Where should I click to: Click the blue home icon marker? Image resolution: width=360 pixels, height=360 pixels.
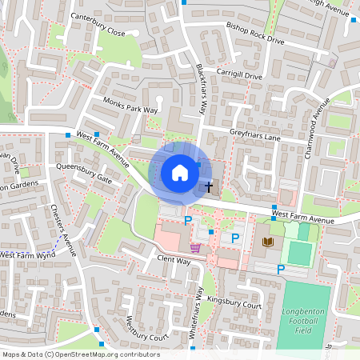(180, 173)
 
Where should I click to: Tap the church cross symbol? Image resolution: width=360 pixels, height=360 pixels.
(209, 187)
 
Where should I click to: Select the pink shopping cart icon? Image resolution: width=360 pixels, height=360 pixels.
(195, 247)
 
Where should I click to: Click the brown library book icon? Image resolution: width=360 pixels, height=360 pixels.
(267, 241)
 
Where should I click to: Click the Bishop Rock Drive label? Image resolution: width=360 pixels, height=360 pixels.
(255, 33)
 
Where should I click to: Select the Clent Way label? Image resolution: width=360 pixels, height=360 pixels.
(173, 260)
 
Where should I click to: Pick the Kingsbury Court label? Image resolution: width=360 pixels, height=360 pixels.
(234, 305)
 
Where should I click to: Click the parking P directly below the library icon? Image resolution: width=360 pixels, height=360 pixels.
(280, 270)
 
